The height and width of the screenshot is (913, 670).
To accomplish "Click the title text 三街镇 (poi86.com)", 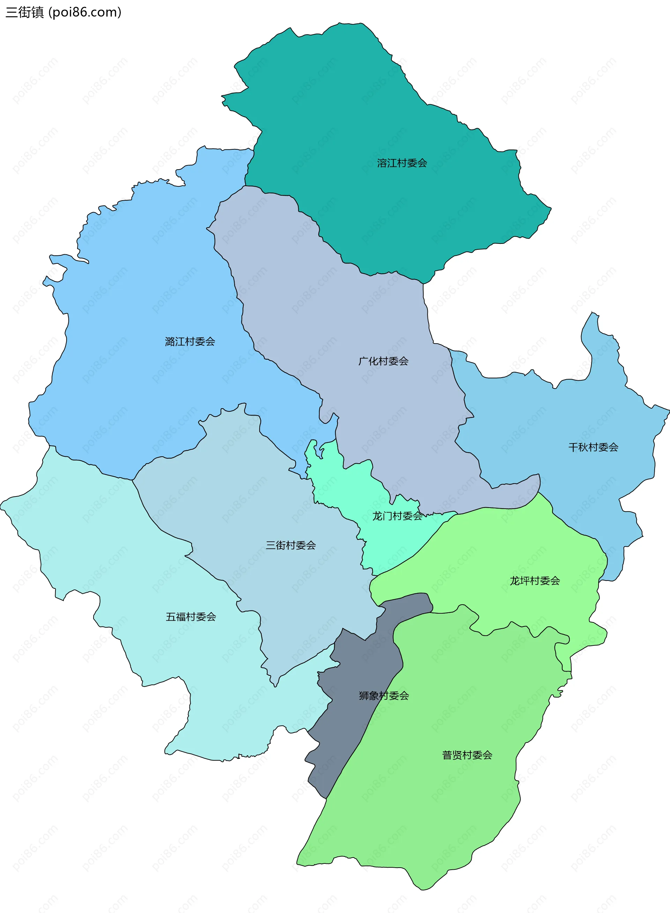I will (64, 13).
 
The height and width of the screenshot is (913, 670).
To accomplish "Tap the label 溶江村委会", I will (402, 163).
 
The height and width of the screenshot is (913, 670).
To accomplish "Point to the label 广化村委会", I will (383, 361).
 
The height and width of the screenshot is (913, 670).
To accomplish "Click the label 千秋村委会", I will (593, 448).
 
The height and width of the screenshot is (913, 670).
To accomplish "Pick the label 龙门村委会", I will (397, 516).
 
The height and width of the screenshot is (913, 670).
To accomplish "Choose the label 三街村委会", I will (290, 546).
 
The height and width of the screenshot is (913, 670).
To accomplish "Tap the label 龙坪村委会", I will (535, 581).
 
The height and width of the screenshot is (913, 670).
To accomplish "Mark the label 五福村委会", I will (191, 617).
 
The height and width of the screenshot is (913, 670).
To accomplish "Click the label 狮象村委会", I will (384, 696).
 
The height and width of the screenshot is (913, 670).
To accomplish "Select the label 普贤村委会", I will (467, 755).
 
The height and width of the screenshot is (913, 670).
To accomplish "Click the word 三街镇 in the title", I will (24, 13).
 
